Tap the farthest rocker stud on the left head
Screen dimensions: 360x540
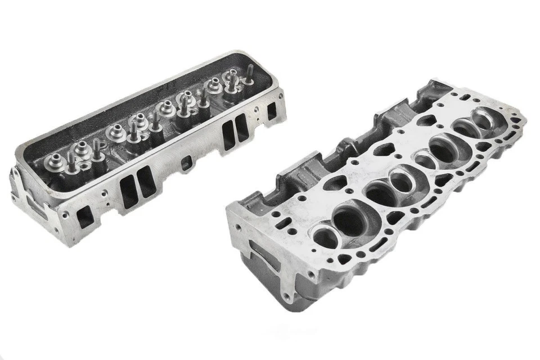pyautogui.click(x=247, y=73)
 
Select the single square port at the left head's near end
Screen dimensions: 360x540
pyautogui.click(x=85, y=214)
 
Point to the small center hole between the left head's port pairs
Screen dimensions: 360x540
pyautogui.click(x=186, y=164)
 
